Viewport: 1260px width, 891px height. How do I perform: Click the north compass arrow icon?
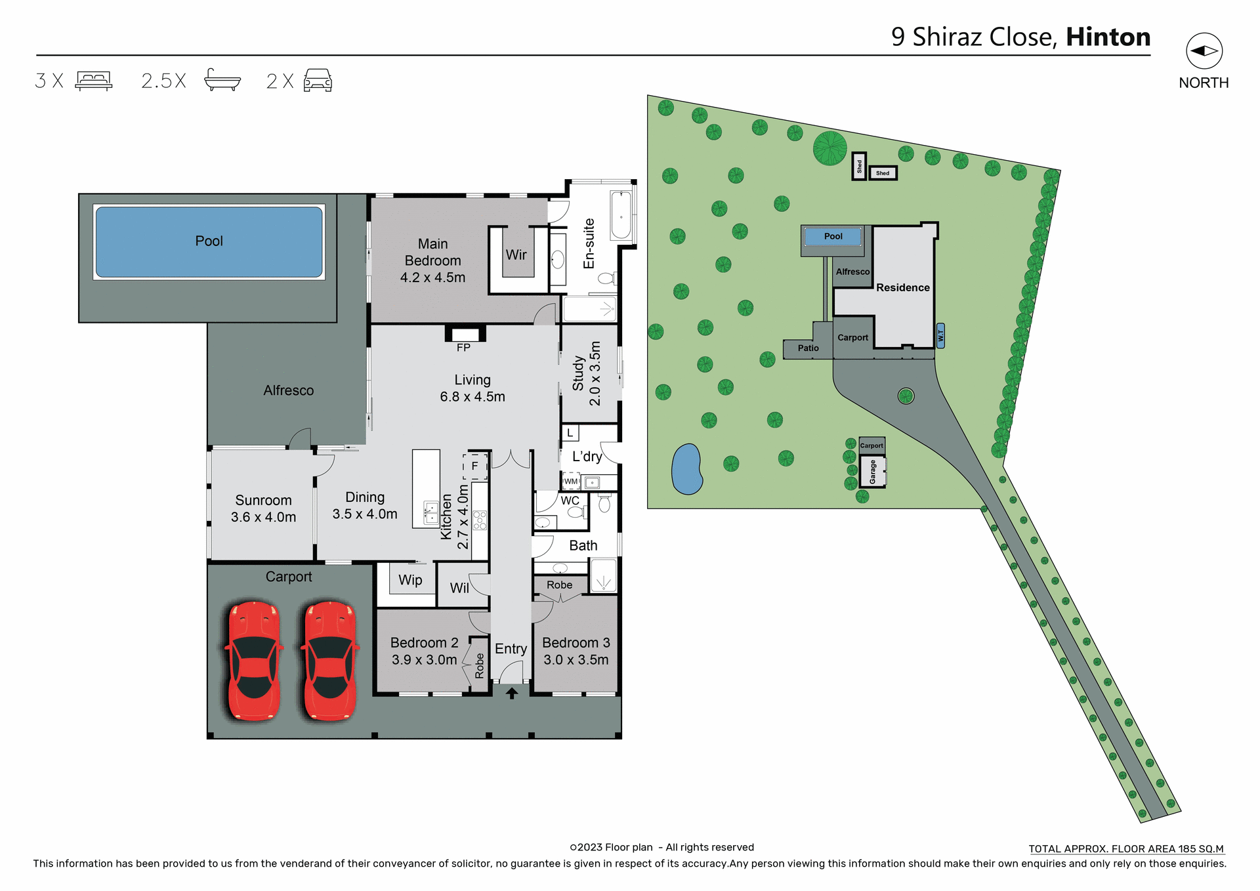coord(1204,51)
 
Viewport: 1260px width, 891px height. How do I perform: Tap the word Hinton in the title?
coord(1108,37)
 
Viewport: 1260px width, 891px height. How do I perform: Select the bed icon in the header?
coord(94,81)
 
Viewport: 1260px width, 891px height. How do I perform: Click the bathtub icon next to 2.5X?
coord(222,80)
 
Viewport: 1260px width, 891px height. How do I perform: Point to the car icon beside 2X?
coord(318,81)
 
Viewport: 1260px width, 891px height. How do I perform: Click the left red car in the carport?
coord(254,661)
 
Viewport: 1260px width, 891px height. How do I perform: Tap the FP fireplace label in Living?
coord(463,348)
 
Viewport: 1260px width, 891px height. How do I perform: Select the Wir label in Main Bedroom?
coord(516,255)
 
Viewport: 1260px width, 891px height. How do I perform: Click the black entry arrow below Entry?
coord(512,693)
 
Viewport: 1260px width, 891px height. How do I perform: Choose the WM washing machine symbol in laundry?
coord(571,482)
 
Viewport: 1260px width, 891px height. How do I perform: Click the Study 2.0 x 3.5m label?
coord(587,373)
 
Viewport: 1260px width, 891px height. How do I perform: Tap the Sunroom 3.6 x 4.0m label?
coord(263,508)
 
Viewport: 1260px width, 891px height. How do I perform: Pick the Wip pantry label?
coord(410,580)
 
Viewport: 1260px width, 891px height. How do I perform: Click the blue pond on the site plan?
coord(686,468)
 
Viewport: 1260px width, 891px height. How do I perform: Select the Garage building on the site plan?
coord(873,472)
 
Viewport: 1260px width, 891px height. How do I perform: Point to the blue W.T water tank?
coord(940,336)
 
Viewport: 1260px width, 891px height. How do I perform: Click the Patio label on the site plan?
coord(808,348)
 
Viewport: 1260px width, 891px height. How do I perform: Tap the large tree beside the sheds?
coord(829,148)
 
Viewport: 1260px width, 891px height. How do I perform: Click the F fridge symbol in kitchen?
coord(474,466)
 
